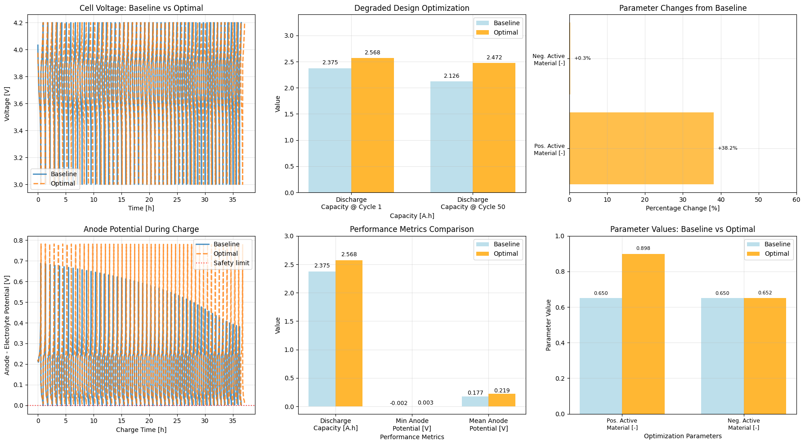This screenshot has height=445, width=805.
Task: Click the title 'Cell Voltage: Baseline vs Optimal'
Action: tap(141, 8)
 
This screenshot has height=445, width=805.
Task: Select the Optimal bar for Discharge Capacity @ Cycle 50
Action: tap(494, 128)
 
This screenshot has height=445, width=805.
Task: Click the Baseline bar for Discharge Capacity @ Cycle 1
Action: tap(330, 130)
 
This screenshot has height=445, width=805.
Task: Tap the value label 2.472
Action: tap(494, 58)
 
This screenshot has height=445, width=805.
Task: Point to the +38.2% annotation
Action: tap(727, 148)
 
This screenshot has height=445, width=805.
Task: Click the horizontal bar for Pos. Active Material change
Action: tap(641, 148)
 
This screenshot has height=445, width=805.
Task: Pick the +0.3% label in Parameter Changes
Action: tap(582, 58)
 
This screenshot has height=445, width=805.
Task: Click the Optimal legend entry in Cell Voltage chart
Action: tap(63, 183)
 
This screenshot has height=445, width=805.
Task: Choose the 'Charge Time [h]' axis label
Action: tap(141, 430)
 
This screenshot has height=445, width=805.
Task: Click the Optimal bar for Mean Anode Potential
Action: tap(502, 400)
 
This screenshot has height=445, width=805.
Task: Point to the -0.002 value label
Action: tap(398, 403)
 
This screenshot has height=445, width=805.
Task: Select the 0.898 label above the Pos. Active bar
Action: tap(643, 249)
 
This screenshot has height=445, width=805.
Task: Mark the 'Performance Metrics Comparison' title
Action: tap(411, 229)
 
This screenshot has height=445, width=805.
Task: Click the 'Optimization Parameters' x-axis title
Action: tap(683, 436)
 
